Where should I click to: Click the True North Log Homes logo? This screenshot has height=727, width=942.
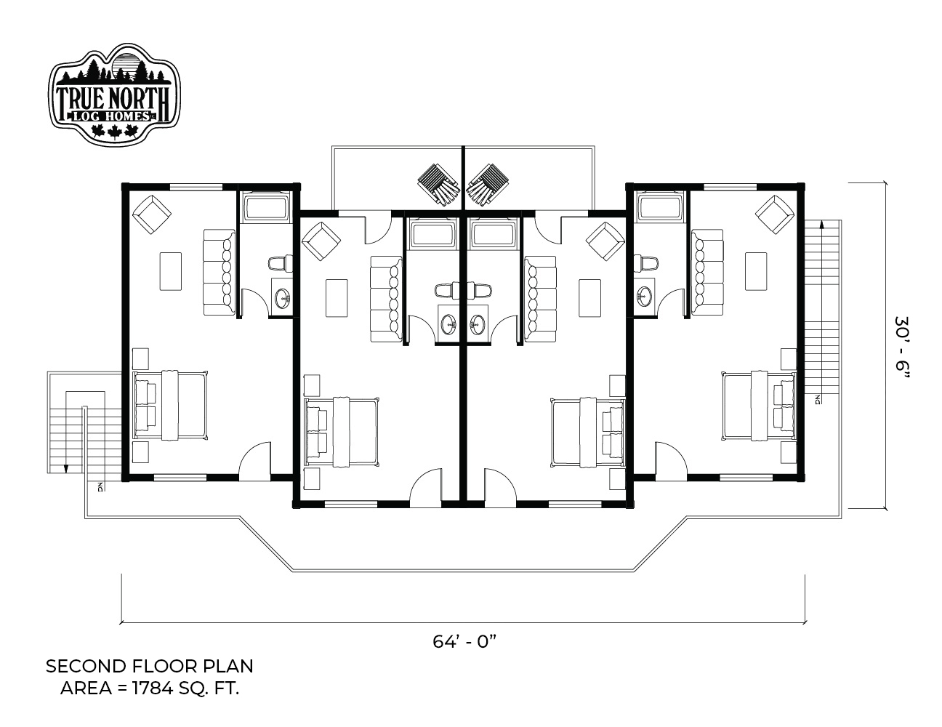pos(114,94)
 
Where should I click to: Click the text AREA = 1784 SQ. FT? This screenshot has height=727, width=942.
pos(150,688)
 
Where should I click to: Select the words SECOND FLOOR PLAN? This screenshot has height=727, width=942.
pos(150,667)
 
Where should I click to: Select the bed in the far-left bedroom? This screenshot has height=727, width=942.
pos(170,405)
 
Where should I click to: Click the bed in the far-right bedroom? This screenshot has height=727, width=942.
pos(760,405)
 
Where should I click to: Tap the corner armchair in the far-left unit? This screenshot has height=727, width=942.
pos(152,214)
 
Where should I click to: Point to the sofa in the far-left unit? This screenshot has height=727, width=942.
pos(220,272)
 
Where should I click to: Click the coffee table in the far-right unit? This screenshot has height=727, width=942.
pos(756,271)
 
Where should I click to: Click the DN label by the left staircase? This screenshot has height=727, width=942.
pos(100,487)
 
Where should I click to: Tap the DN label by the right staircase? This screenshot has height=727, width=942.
pos(818,399)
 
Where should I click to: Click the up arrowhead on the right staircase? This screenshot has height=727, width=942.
pos(822,224)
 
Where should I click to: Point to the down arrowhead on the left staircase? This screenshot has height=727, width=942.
pos(66,469)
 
